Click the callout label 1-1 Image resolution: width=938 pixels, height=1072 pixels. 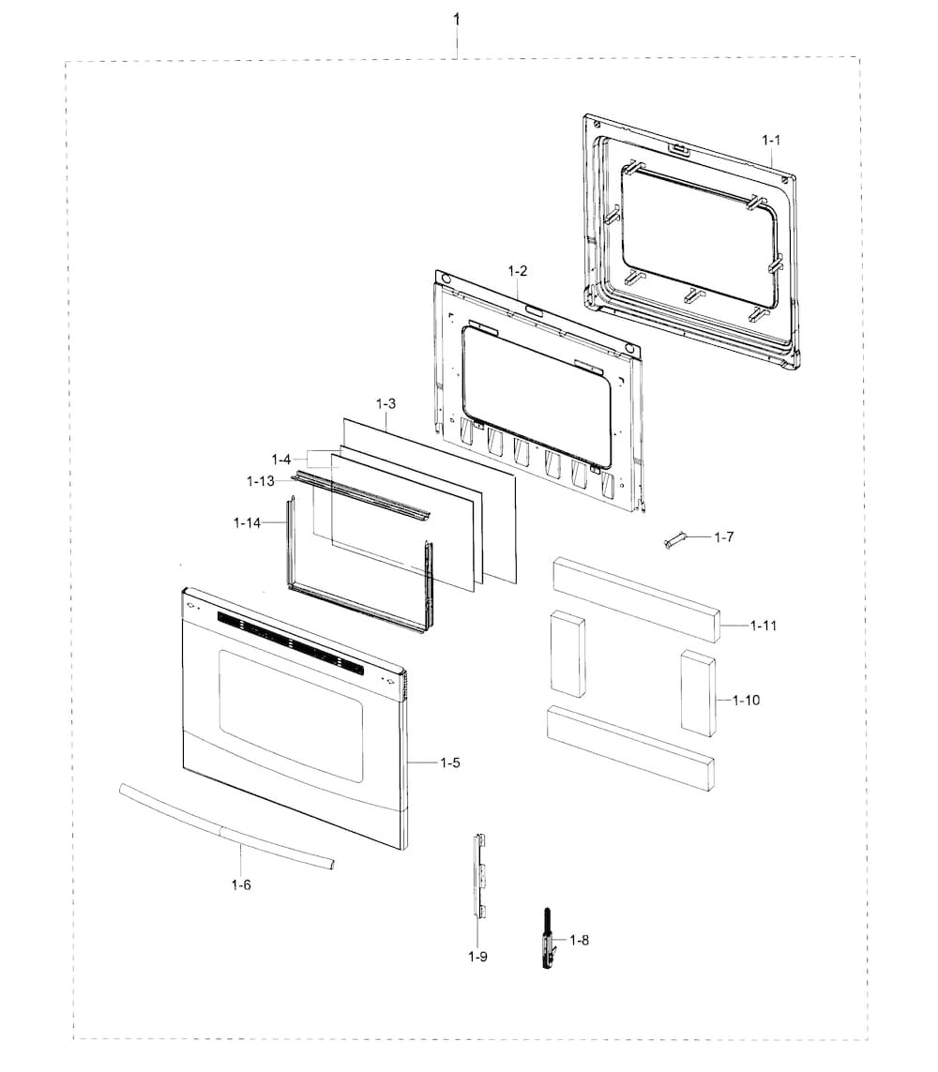coord(771,140)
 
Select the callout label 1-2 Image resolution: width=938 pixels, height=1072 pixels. coord(517,270)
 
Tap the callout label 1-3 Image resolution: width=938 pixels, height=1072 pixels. coord(386,403)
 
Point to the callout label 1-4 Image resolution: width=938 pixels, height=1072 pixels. coord(281,460)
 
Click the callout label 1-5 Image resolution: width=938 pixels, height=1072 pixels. coord(450,762)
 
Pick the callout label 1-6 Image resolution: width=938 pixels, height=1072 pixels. coord(240,883)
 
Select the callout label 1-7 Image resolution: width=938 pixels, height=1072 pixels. coord(723,537)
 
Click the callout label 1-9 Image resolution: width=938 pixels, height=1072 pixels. coord(477,957)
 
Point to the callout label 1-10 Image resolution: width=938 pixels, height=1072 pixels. coord(748,700)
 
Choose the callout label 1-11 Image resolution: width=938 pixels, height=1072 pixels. coord(764,625)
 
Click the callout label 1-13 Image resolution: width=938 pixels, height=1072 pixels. coord(261,481)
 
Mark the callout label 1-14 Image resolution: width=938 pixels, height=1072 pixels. coord(248,521)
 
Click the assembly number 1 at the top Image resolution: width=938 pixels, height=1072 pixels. coord(457,19)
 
